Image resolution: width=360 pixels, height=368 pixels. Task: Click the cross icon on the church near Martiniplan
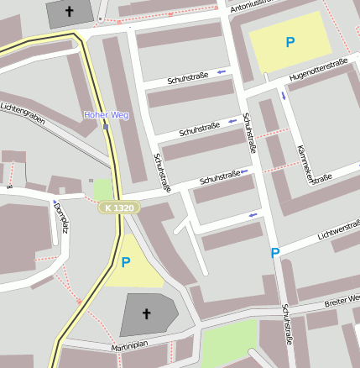click(x=146, y=314)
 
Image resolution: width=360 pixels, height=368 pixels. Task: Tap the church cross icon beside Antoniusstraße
click(x=69, y=12)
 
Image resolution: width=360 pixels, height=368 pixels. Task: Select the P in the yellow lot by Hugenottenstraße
click(x=290, y=42)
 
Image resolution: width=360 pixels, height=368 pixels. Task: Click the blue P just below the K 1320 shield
click(x=126, y=262)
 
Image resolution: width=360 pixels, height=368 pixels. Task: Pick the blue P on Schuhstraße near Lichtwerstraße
click(x=274, y=253)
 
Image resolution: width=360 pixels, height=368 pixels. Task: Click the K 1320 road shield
click(x=118, y=208)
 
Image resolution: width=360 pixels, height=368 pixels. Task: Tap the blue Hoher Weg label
click(x=106, y=114)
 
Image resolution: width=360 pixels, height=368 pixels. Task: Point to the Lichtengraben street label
click(x=23, y=111)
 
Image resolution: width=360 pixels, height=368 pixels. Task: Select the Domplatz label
click(x=60, y=218)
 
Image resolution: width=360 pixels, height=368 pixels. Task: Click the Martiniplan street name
click(x=129, y=346)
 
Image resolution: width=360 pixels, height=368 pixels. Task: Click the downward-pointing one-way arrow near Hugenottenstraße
click(x=284, y=95)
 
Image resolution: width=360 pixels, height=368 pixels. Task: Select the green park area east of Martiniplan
click(x=229, y=342)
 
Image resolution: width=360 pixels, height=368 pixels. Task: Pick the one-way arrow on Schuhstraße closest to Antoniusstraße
click(x=222, y=72)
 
